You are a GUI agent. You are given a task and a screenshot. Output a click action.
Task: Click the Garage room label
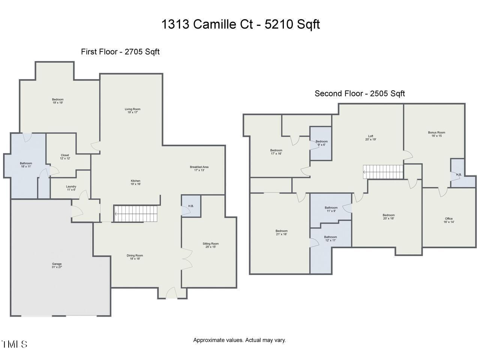[x=57, y=265]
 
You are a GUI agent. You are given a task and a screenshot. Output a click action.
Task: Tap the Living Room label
[x=132, y=111]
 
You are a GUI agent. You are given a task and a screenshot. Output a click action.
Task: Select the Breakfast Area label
[x=199, y=168]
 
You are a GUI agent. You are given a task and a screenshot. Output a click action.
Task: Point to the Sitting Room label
[x=210, y=245]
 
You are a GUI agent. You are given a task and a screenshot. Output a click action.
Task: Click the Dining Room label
[x=135, y=257]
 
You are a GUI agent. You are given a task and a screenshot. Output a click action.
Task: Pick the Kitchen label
[x=135, y=183]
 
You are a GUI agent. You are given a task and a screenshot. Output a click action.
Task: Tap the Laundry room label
[x=71, y=188]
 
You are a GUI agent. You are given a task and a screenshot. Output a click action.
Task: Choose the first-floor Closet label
[x=65, y=157]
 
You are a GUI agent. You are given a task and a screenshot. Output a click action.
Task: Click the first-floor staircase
[x=135, y=213]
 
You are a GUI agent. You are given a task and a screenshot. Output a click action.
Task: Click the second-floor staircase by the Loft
[x=383, y=172]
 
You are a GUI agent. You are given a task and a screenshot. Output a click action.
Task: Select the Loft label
[x=370, y=138]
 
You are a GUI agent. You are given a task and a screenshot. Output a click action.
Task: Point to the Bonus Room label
[x=436, y=134]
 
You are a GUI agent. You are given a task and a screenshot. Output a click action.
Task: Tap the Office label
[x=448, y=220]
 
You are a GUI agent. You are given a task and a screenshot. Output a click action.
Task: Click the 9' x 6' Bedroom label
[x=321, y=143]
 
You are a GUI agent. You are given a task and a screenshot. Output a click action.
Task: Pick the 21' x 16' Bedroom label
[x=281, y=232]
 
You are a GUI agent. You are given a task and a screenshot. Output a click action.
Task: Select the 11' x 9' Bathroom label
[x=331, y=209]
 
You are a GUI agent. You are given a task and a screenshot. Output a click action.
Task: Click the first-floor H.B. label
[x=191, y=206]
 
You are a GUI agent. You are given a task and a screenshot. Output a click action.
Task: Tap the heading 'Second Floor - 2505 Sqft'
[x=360, y=93]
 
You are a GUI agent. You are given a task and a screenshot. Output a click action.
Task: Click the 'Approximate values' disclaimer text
[x=239, y=340]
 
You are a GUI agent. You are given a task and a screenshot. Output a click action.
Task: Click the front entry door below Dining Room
[x=172, y=293]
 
